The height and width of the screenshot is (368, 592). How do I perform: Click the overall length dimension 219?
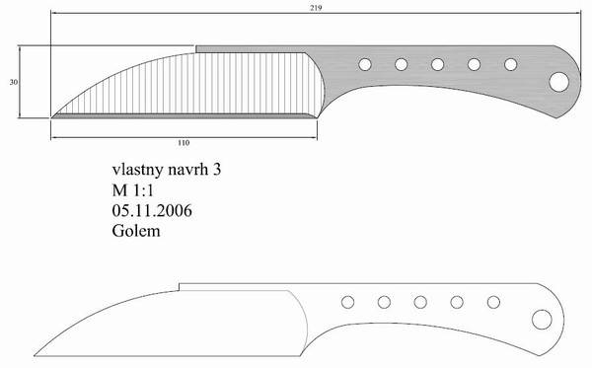(x=316, y=7)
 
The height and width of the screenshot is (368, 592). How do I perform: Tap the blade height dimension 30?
(x=14, y=82)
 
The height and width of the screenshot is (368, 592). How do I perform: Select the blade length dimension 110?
(x=184, y=143)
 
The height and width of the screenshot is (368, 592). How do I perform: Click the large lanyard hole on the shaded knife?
(x=558, y=82)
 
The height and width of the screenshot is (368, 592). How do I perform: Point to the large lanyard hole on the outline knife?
(x=542, y=320)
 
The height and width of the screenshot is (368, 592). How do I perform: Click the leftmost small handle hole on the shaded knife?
(x=365, y=64)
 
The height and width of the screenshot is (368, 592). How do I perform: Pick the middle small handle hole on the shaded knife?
(x=437, y=64)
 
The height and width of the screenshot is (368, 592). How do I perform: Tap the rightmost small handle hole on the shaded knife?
(x=510, y=64)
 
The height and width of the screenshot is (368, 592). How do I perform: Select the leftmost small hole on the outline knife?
(x=347, y=302)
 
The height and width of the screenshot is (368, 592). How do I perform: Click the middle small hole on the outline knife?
(x=420, y=302)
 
